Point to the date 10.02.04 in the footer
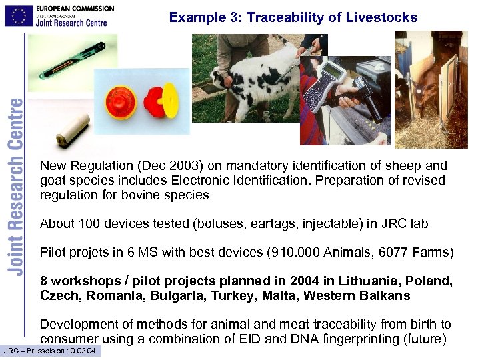83,351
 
